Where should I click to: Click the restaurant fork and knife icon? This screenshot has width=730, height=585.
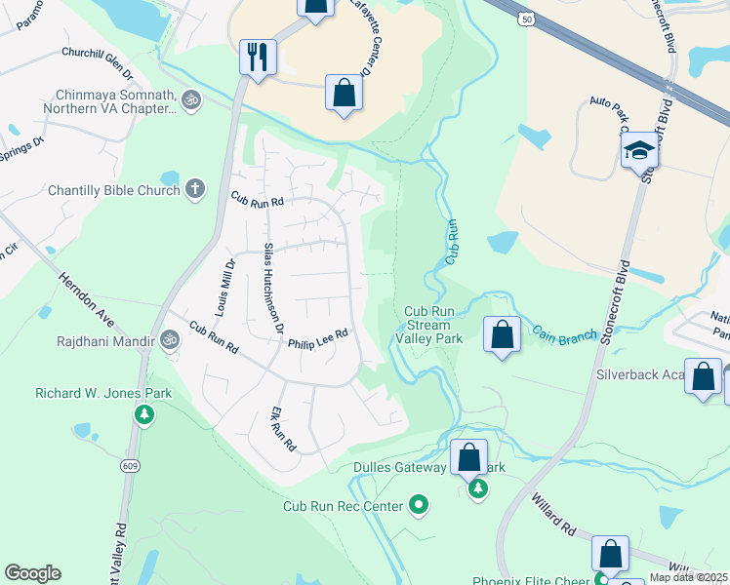point(259,57)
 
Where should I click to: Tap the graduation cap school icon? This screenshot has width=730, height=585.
point(639,150)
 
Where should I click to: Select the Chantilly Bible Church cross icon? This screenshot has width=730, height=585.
point(195,188)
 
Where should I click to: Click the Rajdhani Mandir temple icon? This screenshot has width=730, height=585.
point(170,340)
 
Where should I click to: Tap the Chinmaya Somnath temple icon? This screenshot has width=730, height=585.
point(191,98)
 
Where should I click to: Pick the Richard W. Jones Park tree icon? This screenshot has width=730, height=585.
point(144,414)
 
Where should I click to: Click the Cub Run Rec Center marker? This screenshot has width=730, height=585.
point(419,504)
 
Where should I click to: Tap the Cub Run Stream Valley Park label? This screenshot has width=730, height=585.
point(428,325)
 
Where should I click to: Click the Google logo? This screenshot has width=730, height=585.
point(32,573)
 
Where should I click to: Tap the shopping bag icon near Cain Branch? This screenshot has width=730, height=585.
point(502,335)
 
